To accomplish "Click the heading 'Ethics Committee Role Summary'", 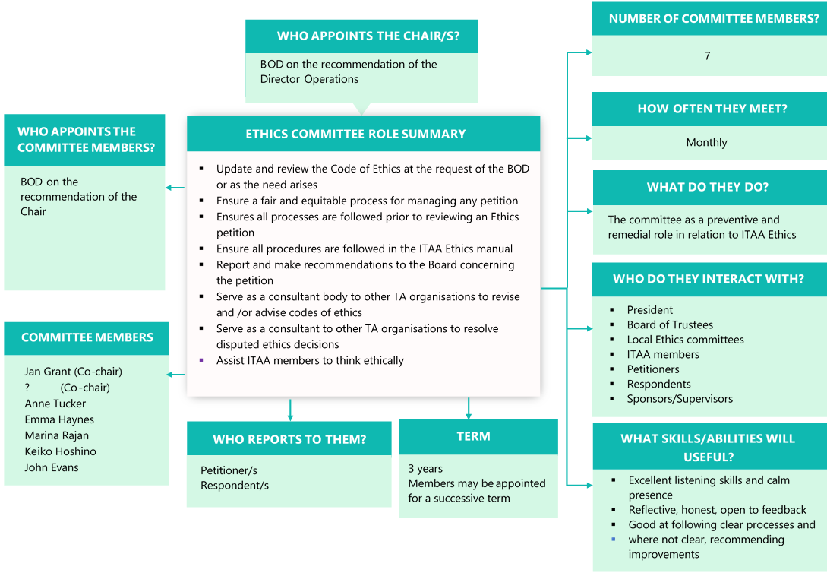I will click(355, 134).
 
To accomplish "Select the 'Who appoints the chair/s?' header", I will click(367, 36).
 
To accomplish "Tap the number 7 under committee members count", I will click(707, 56).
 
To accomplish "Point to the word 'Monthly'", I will click(706, 142).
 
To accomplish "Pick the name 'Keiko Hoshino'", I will click(61, 451).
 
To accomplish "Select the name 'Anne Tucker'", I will click(55, 404).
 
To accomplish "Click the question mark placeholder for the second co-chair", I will click(27, 388).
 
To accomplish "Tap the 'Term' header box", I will click(473, 436).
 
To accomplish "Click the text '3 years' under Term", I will click(425, 469).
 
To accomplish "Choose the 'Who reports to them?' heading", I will click(289, 439).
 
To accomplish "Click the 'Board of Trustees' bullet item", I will click(670, 324).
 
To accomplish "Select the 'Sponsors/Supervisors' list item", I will click(680, 399).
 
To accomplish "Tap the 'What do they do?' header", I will click(707, 187).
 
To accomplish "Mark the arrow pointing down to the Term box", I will click(469, 411).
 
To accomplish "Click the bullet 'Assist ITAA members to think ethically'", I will click(310, 361).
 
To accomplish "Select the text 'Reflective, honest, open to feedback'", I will click(717, 510).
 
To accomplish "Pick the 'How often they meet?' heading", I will click(712, 109).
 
